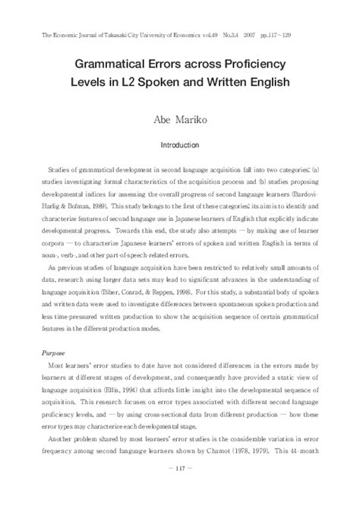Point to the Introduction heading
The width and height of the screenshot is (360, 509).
point(180,144)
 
